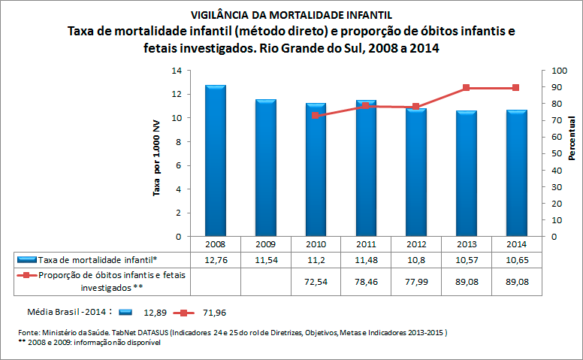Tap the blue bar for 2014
pyautogui.click(x=516, y=173)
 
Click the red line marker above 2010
pyautogui.click(x=316, y=116)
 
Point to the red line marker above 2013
pyautogui.click(x=467, y=88)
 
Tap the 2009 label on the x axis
pyautogui.click(x=265, y=244)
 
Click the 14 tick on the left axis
pyautogui.click(x=177, y=71)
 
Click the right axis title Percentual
pyautogui.click(x=572, y=140)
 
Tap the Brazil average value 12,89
pyautogui.click(x=156, y=310)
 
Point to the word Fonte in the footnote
pyautogui.click(x=31, y=332)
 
